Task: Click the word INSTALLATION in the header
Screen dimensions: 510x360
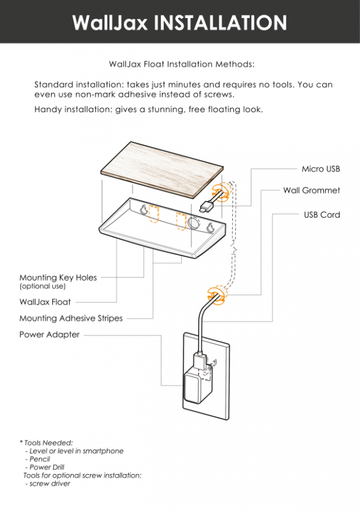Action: (220, 23)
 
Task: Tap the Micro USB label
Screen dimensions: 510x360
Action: (320, 169)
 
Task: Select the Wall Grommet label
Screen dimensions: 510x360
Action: (311, 191)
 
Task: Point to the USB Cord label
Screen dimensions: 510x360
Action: (322, 215)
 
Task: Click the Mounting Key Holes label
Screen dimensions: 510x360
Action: (58, 278)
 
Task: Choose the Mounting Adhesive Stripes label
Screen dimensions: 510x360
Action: (71, 319)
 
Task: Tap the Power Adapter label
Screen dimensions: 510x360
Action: (49, 335)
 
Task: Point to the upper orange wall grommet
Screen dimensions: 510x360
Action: (223, 190)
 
